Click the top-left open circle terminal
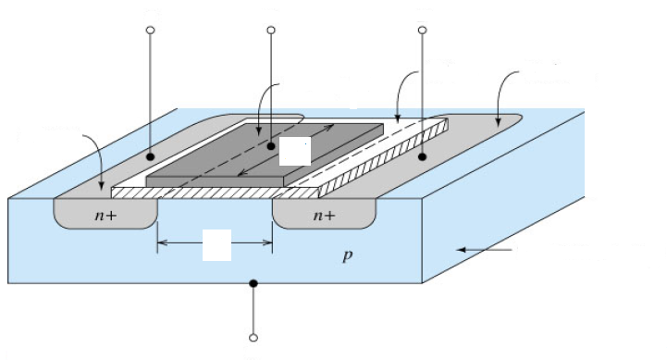point(150,31)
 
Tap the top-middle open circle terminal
point(271,31)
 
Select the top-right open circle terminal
point(423,31)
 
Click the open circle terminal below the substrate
point(253,338)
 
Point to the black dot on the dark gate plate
point(271,146)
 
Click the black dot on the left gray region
point(150,157)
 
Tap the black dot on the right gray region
point(422,157)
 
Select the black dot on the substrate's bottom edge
point(253,283)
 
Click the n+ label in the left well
point(105,216)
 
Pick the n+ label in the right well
point(324,216)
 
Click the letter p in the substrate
point(348,256)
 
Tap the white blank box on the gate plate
point(295,151)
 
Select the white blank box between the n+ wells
point(217,245)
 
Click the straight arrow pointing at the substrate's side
point(484,250)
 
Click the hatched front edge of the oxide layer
point(215,193)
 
